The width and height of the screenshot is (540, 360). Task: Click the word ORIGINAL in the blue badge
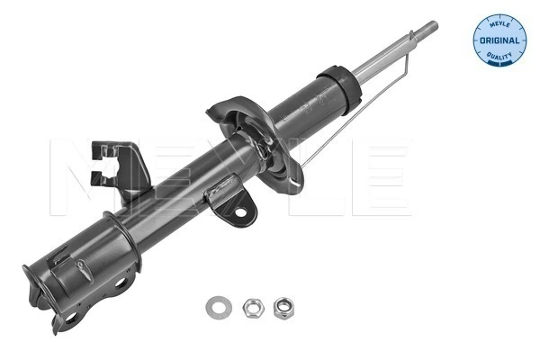[x=497, y=41]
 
